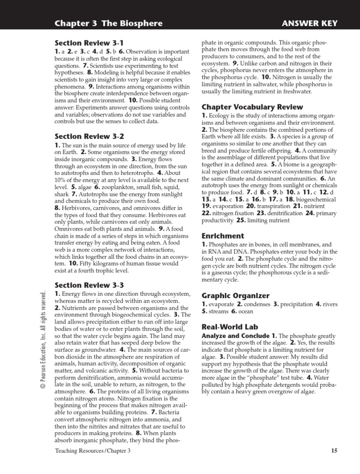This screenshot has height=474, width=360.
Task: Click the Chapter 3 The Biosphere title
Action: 108,23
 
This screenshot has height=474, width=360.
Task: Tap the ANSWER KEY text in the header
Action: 309,23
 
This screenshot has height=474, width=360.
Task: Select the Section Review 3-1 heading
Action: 89,43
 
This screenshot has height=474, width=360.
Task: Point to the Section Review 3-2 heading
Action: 89,136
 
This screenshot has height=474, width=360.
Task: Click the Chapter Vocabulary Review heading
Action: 252,107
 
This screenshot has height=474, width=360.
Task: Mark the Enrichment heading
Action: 223,236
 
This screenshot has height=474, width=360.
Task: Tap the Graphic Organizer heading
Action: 235,295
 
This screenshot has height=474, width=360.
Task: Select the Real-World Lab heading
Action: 230,327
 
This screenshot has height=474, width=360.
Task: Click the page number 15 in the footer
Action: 334,451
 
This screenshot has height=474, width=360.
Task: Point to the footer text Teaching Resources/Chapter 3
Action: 93,451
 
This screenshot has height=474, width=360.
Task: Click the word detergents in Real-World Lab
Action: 287,384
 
